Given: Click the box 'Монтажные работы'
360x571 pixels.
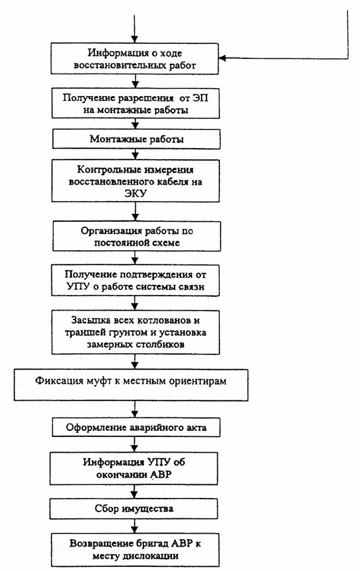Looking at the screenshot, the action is click(x=136, y=139).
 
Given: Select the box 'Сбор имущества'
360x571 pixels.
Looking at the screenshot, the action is click(x=134, y=508).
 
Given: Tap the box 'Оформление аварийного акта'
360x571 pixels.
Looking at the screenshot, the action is click(x=136, y=427).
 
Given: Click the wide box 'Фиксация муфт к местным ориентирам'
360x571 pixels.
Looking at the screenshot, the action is click(x=131, y=385).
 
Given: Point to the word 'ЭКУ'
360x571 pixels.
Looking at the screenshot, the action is click(x=135, y=193).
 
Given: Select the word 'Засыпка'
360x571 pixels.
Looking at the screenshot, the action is click(x=86, y=321).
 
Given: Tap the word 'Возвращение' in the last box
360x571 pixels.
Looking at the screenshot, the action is click(x=94, y=544).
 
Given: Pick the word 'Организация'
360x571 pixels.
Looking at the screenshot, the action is click(x=106, y=231).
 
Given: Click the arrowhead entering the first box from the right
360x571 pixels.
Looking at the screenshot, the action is click(x=222, y=58).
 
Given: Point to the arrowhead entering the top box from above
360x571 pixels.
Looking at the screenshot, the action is click(x=135, y=39).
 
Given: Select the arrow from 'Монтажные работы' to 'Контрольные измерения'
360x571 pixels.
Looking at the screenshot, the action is click(x=135, y=154).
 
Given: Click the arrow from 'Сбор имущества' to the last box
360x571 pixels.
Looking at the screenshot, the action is click(x=135, y=526).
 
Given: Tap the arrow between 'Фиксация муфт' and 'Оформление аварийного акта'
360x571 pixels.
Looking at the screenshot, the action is click(x=135, y=409).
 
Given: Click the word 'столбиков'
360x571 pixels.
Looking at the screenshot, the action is click(x=160, y=344).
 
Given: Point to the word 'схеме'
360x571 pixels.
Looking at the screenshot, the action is click(x=166, y=243).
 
